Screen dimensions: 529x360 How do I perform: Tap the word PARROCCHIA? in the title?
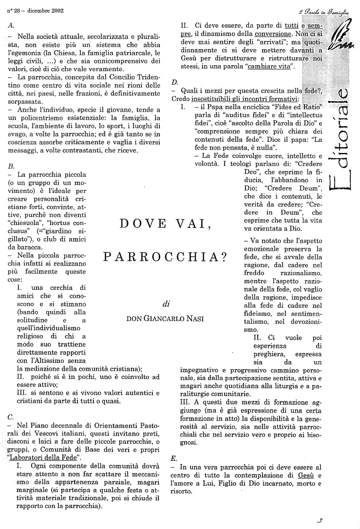[165, 257]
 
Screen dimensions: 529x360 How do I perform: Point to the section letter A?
[11, 23]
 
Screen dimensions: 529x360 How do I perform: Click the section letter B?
[11, 166]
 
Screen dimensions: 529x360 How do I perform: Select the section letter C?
[11, 417]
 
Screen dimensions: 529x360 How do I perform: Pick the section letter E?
[174, 458]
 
